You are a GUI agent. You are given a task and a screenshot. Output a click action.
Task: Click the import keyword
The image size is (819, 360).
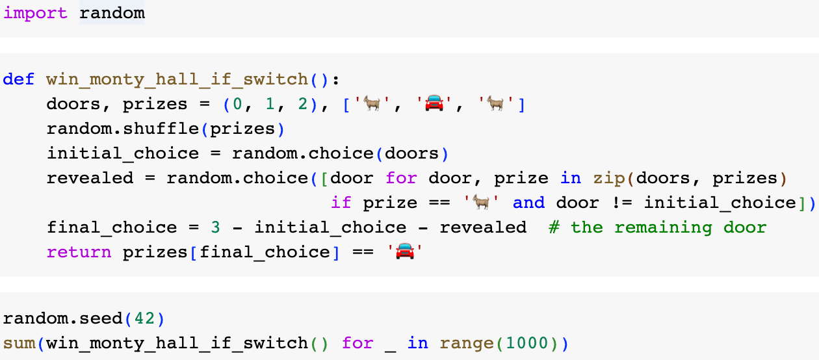36,14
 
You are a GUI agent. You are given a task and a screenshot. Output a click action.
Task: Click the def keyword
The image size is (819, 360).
19,79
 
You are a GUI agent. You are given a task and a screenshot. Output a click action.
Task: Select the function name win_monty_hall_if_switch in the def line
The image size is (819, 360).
177,80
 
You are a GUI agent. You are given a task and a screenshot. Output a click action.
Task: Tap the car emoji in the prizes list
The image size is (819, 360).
434,103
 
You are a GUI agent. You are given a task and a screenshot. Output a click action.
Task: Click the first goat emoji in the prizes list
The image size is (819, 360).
372,103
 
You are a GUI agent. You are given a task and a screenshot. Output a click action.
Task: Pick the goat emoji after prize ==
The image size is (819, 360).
481,202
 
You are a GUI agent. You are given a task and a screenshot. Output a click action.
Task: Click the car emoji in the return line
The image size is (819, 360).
405,251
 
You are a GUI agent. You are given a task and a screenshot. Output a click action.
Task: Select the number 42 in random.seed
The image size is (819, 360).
144,318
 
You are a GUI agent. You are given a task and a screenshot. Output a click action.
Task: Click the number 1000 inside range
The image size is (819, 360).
527,343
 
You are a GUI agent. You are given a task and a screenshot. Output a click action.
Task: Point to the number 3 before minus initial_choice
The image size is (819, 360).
215,227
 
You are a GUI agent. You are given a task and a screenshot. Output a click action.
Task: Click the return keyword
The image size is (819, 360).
79,252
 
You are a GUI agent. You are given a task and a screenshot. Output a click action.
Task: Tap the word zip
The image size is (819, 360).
609,178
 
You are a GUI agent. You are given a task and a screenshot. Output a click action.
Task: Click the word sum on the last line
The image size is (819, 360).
19,344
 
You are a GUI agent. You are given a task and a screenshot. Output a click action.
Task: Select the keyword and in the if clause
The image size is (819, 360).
528,203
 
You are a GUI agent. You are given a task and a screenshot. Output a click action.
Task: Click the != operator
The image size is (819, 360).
622,203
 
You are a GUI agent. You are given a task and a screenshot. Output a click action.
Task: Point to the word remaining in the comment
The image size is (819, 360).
663,227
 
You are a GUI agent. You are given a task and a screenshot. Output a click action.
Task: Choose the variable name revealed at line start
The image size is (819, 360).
90,178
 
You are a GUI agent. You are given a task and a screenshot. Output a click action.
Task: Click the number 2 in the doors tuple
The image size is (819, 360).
302,104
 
